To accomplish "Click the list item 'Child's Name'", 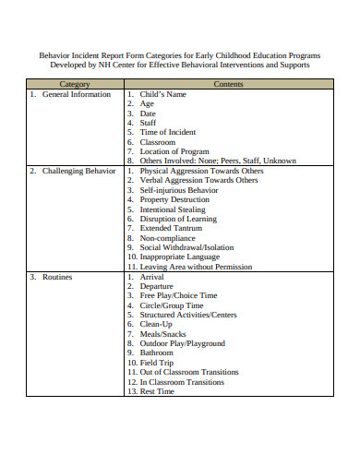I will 164,95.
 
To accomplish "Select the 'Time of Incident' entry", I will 168,133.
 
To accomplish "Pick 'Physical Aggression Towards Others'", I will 201,172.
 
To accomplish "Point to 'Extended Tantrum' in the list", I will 171,229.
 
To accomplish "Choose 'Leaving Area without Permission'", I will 198,267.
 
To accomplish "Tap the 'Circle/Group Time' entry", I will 172,305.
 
